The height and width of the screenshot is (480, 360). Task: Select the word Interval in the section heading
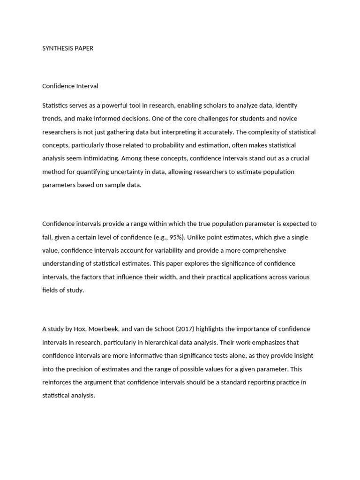coord(87,86)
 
